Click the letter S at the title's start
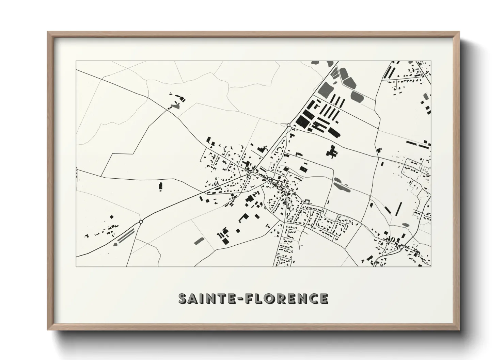(x=183, y=298)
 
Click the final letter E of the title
(x=324, y=298)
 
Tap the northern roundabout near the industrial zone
(x=288, y=125)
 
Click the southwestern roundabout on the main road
(x=141, y=222)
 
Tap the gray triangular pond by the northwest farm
(x=176, y=106)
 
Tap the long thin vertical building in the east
(x=398, y=208)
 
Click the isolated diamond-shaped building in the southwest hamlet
(x=112, y=216)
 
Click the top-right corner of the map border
(x=431, y=61)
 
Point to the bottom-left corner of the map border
(x=76, y=266)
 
